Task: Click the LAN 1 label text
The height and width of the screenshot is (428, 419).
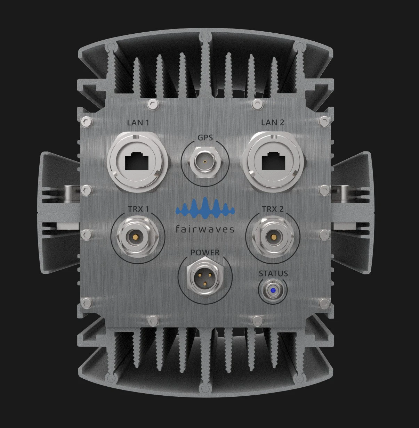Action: coord(138,123)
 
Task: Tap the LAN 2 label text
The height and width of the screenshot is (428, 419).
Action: coord(273,123)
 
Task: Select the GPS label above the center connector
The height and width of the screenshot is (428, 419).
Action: coord(205,138)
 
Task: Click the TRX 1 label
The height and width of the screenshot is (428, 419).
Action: coord(138,209)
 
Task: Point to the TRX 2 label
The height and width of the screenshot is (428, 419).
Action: coord(273,209)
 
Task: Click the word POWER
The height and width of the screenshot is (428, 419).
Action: coord(205,253)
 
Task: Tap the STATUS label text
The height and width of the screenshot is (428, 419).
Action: coord(273,274)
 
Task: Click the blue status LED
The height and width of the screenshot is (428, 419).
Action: coord(273,290)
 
